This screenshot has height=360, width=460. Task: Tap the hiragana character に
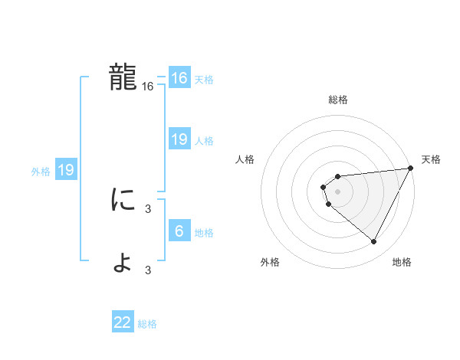[x=123, y=201]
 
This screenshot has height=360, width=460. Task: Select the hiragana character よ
[x=123, y=262]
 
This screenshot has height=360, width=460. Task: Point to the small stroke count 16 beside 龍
[x=148, y=87]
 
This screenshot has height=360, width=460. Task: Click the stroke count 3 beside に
[x=148, y=208]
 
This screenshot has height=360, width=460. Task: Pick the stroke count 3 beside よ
[x=148, y=270]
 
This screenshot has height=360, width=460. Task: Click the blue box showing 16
[x=179, y=78]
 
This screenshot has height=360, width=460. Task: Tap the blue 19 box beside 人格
[x=179, y=139]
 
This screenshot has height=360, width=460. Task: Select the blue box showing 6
[x=179, y=231]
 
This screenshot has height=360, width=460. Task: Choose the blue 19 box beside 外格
[x=66, y=170]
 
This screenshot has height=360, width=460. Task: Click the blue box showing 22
[x=123, y=322]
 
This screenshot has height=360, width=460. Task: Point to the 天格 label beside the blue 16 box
[x=204, y=80]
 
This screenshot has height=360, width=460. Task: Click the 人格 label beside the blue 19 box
[x=204, y=141]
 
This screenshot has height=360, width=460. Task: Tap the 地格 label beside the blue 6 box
[x=204, y=233]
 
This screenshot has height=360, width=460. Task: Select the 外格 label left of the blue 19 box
[x=41, y=172]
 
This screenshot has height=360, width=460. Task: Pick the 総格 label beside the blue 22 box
[x=147, y=324]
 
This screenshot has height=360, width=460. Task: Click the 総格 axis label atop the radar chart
[x=338, y=100]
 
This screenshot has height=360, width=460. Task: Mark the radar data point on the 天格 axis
[x=411, y=168]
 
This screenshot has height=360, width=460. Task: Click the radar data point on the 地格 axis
[x=374, y=242]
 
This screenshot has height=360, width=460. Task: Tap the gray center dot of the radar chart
[x=338, y=191]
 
